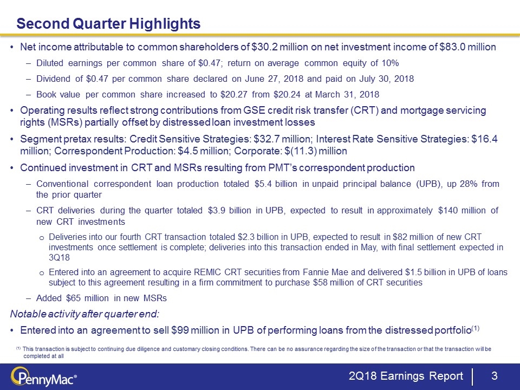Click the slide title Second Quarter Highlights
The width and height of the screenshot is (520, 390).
[108, 24]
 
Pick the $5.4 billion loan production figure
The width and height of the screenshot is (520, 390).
[277, 184]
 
